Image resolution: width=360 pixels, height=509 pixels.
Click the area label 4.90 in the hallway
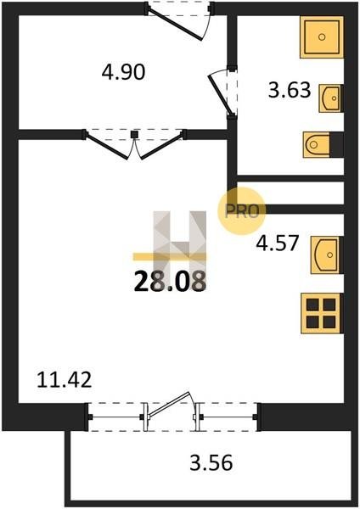pos(123,72)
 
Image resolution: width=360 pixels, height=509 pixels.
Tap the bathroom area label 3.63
pos(290,90)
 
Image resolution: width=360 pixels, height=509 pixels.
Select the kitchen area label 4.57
pos(277,243)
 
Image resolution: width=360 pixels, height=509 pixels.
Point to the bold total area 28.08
pos(170,281)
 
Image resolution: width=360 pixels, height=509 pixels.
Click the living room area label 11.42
pos(65,380)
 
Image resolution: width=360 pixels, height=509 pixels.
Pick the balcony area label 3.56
pos(211,462)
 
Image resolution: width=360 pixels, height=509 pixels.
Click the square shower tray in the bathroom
pos(322,37)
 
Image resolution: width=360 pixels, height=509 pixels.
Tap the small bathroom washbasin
pos(330,98)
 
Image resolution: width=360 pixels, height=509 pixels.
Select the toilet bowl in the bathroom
pos(317,144)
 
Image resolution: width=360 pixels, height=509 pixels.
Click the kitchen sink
pos(325,255)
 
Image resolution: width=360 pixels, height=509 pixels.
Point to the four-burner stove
pos(321,314)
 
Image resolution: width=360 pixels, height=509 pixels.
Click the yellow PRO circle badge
pos(241,211)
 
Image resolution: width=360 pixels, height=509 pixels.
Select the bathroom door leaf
pos(221,95)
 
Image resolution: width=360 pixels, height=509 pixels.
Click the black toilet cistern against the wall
pos(336,144)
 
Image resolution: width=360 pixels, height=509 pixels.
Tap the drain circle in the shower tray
pos(322,36)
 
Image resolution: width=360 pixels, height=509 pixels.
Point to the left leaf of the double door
pos(107,146)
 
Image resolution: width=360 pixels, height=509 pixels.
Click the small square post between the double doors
pos(134,134)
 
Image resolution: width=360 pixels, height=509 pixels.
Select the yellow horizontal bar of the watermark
pos(170,257)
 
